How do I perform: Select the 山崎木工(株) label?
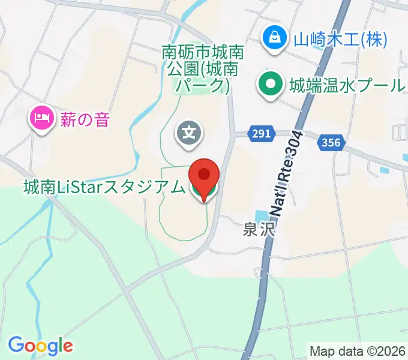340,40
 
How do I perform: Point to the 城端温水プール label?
347,85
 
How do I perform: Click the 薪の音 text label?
85,119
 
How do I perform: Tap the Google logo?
40,345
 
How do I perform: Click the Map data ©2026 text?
358,350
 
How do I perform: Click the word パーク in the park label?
200,85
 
